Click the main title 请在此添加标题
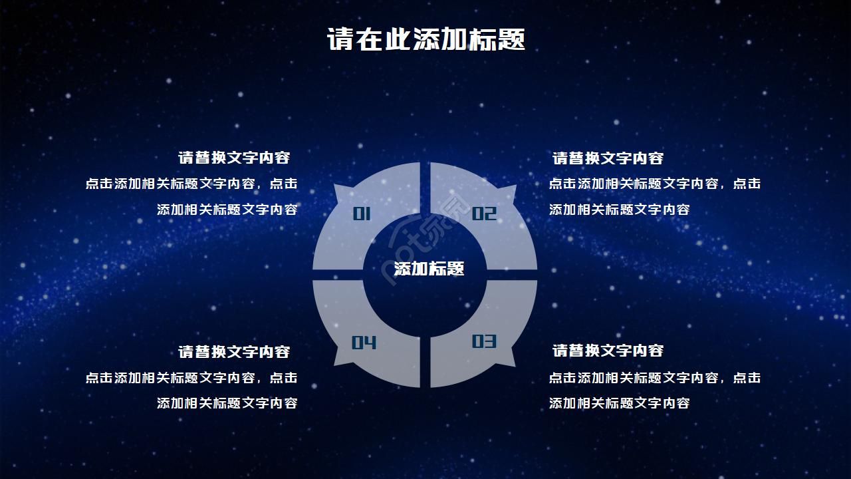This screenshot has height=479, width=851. click(425, 39)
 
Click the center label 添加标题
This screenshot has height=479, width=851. click(429, 269)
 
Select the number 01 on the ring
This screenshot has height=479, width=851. click(362, 214)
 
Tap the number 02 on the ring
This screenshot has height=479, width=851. click(484, 214)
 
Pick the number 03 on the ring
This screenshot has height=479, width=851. click(484, 341)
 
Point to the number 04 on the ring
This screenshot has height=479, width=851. click(364, 342)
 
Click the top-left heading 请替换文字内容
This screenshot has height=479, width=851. click(234, 158)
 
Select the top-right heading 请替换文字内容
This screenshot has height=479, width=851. click(608, 158)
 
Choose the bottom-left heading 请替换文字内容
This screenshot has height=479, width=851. click(234, 351)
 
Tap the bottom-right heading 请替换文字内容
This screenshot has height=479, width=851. click(608, 351)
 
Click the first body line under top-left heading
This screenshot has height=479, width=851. click(191, 184)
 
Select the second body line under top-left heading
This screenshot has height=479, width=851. click(227, 210)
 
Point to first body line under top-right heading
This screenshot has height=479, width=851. click(654, 184)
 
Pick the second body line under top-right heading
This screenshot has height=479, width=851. click(619, 210)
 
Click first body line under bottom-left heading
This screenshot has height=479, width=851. click(191, 378)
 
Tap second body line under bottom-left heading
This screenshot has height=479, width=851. click(227, 403)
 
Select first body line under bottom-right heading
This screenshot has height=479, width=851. click(654, 378)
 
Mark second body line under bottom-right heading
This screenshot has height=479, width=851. click(619, 403)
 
